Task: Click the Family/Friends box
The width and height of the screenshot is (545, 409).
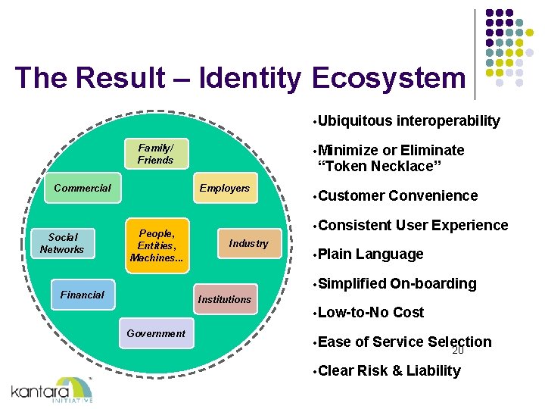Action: [155, 154]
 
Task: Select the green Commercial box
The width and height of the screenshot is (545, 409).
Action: [83, 189]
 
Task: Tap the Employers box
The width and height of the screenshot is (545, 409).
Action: [224, 189]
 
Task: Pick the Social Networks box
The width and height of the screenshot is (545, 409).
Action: [62, 243]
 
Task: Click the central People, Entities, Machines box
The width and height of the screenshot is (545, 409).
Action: [157, 245]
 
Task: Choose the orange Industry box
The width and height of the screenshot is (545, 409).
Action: [248, 243]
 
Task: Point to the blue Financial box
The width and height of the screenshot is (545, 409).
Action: [83, 295]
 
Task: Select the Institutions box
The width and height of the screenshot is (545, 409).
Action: [224, 299]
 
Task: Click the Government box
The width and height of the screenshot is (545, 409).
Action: [156, 333]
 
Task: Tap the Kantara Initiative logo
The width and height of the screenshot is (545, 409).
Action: [52, 390]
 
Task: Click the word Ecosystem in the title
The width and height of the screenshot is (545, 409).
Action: [388, 78]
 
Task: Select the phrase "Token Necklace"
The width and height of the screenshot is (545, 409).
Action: [379, 166]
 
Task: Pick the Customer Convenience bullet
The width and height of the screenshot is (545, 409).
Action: [398, 195]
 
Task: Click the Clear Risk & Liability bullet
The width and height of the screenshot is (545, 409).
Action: [389, 370]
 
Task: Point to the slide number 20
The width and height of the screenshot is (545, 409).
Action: [457, 351]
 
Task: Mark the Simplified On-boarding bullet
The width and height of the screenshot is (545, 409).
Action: [397, 283]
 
